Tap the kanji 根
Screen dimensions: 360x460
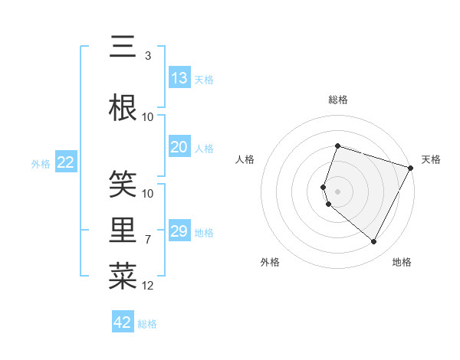pos(123,108)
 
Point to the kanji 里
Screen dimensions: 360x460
pos(123,231)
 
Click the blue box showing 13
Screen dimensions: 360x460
pos(179,78)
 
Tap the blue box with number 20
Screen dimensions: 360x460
pos(179,148)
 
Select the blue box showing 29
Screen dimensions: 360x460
pos(179,232)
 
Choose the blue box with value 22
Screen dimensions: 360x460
pos(66,162)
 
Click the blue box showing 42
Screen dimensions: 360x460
pos(123,322)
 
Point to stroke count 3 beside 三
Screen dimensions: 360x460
pos(147,56)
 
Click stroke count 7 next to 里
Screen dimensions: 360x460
pos(148,240)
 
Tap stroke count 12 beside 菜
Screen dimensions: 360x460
pos(148,286)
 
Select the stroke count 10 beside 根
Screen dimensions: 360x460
pos(148,117)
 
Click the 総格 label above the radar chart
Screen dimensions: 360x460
pos(338,100)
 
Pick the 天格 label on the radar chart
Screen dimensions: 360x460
pos(431,159)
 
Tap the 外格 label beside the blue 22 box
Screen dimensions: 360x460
pos(41,163)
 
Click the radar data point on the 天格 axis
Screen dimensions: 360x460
pos(411,168)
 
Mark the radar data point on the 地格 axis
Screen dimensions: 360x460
pos(373,242)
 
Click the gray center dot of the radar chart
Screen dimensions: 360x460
pos(338,191)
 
